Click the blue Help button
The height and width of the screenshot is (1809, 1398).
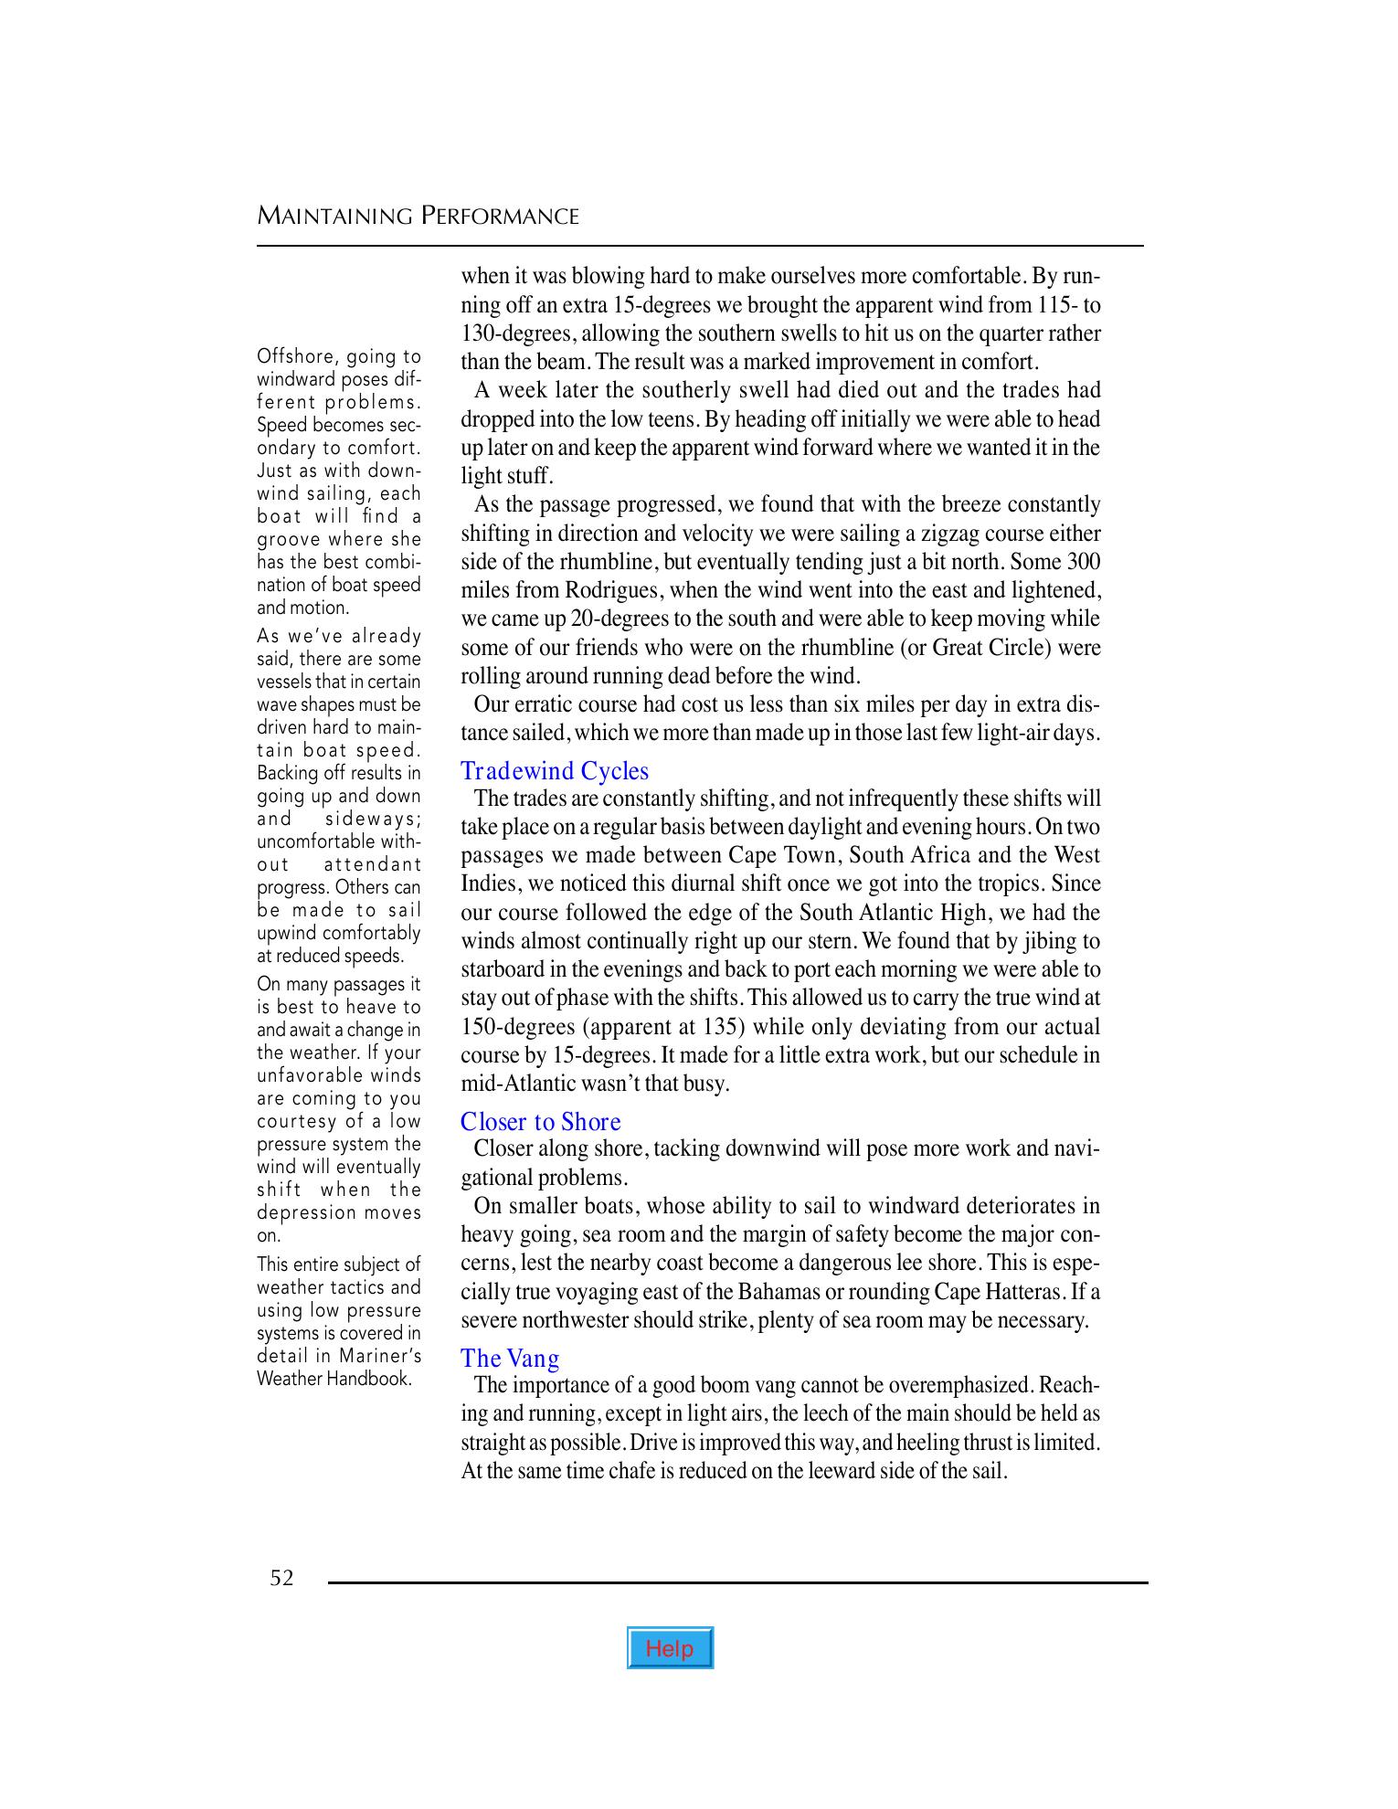tap(670, 1648)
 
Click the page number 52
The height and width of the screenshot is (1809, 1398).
tap(281, 1578)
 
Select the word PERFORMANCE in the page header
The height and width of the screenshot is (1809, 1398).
tap(500, 217)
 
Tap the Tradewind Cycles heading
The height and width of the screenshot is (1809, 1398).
tap(555, 771)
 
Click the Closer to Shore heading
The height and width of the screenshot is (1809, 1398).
tap(540, 1122)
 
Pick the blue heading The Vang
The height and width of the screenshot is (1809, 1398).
tap(510, 1359)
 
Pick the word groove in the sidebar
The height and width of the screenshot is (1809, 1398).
tap(288, 539)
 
